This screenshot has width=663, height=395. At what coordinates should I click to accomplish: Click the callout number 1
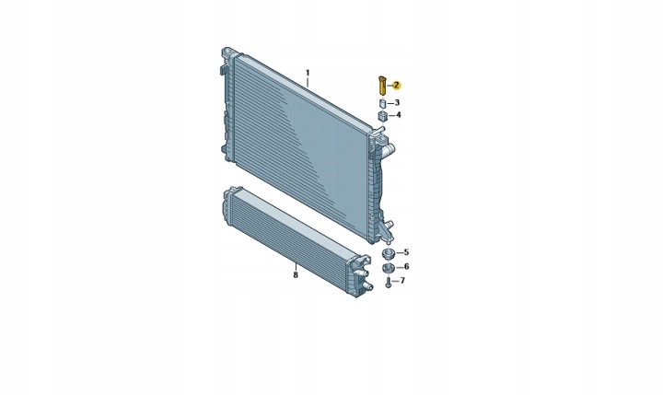[308, 73]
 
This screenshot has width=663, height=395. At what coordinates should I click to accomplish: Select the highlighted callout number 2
[396, 86]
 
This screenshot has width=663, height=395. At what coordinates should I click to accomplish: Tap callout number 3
[397, 103]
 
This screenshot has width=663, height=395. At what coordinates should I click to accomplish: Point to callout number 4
[398, 115]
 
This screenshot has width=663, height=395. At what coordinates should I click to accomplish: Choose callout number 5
[406, 252]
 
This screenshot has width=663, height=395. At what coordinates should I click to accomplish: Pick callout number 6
[406, 266]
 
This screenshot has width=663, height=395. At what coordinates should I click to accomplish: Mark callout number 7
[402, 281]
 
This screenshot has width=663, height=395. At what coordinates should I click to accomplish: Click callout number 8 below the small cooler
[296, 275]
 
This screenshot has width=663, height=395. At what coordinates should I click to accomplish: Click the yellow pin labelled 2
[381, 86]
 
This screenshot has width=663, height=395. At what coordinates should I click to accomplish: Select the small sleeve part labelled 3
[382, 104]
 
